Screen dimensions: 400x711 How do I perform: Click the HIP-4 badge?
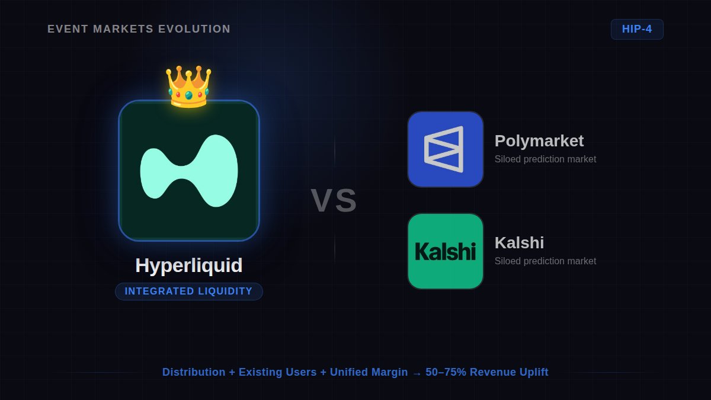637,29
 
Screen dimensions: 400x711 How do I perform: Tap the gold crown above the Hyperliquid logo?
188,87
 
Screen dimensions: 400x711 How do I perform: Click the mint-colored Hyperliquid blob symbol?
189,171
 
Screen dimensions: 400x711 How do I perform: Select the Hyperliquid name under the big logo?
188,265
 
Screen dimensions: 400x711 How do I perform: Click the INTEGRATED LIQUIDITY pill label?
188,292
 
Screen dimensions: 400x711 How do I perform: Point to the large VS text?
334,200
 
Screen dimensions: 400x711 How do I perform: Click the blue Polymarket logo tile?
446,149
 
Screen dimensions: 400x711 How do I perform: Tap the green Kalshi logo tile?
446,251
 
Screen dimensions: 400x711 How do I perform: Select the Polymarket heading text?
539,141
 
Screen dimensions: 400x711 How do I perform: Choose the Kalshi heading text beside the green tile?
519,243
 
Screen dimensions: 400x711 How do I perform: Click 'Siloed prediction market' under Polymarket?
545,159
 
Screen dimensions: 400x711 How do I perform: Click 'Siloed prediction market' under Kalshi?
545,261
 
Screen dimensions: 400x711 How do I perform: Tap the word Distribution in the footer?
194,372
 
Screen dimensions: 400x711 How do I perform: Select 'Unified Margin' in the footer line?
369,372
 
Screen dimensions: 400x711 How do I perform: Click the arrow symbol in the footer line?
417,373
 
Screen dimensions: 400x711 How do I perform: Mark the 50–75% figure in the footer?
445,372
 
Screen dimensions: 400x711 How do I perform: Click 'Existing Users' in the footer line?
277,372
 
